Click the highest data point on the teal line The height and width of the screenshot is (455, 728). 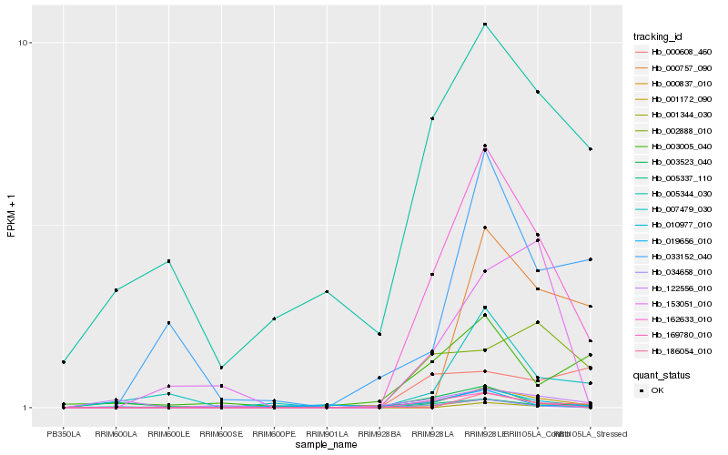click(485, 24)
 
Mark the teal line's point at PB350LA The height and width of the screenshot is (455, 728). click(64, 362)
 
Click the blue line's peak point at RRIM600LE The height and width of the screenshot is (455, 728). click(169, 322)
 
